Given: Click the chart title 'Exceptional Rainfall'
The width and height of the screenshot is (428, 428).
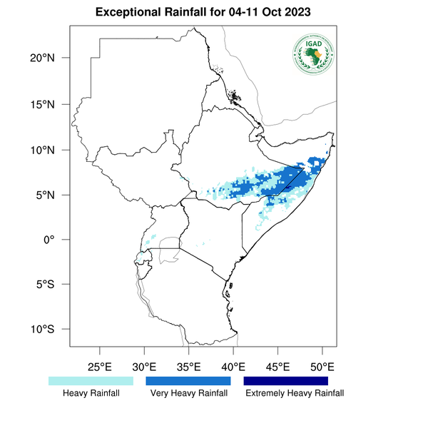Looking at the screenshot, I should tap(151, 14).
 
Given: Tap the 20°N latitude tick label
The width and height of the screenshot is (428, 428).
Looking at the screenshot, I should tap(52, 58).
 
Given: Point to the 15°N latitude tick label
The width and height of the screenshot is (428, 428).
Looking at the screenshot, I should tap(52, 104).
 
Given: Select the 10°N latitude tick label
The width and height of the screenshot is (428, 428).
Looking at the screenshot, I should tap(52, 150).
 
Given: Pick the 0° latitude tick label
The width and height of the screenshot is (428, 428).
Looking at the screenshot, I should tap(60, 240).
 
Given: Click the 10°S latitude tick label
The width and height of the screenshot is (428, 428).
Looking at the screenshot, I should tap(52, 330).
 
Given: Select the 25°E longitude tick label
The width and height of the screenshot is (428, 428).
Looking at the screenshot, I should tap(100, 367).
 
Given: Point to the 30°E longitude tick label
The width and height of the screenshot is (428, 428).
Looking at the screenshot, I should tap(144, 367).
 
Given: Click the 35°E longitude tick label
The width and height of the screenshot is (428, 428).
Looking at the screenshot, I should tap(188, 367).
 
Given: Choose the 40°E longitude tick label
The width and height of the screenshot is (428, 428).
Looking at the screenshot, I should tap(233, 367).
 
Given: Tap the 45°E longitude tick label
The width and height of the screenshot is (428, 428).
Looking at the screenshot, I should tap(277, 367).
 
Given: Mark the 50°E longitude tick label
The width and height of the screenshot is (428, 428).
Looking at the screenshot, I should tap(322, 367).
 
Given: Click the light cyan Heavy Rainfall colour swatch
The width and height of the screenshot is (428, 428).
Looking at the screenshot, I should tap(91, 382).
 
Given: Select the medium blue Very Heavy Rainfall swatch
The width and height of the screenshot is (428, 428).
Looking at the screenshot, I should tap(188, 382).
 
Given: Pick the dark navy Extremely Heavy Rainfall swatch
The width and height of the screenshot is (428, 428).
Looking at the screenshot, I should tap(286, 382).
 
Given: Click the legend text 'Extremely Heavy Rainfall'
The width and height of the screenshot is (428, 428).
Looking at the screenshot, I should tap(295, 393).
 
